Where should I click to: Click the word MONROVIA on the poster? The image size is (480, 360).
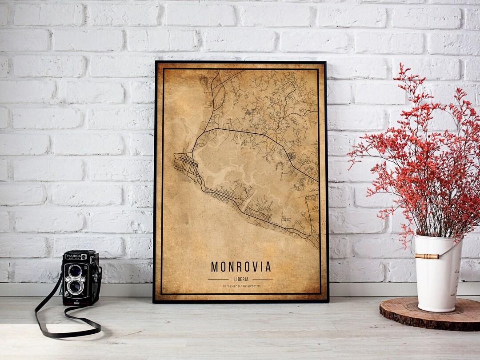click(240, 267)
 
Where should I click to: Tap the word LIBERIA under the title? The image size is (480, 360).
click(240, 279)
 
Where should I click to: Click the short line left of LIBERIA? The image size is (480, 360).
click(218, 279)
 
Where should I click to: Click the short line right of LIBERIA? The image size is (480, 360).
click(263, 279)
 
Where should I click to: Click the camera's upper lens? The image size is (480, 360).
click(75, 271)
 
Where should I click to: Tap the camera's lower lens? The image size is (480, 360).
click(75, 286)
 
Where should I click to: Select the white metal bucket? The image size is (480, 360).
click(438, 276)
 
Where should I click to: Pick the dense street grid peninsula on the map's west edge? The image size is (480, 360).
click(186, 163)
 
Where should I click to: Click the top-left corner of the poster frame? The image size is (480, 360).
click(155, 62)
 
